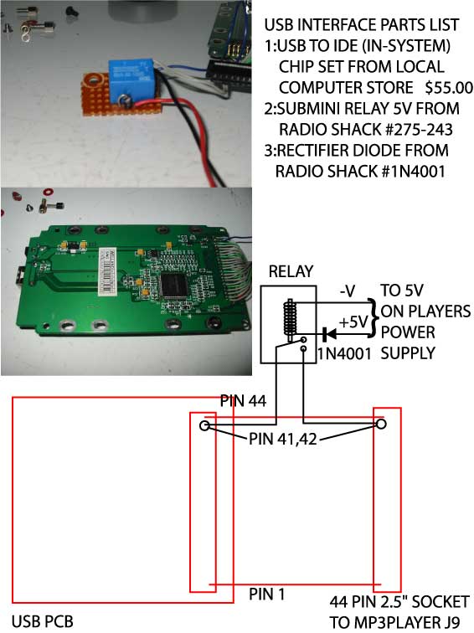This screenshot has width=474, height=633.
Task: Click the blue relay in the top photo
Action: (x=131, y=79)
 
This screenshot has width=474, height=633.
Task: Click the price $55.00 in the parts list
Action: (x=449, y=88)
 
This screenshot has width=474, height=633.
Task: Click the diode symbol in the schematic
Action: (x=329, y=334)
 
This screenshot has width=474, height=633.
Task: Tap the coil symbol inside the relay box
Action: (x=290, y=318)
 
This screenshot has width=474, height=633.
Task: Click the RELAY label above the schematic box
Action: (x=291, y=271)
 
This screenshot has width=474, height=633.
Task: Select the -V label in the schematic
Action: (x=348, y=291)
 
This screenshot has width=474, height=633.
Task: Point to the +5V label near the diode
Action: (x=353, y=322)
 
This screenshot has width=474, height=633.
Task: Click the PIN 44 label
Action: (x=243, y=401)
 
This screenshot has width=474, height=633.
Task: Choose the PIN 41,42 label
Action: (x=282, y=439)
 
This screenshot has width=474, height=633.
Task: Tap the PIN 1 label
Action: (x=267, y=594)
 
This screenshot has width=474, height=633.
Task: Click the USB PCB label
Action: (x=43, y=621)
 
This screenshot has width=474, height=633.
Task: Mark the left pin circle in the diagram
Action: (x=205, y=425)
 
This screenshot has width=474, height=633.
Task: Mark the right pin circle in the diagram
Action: (x=381, y=424)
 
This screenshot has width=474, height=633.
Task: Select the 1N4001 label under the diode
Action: (x=344, y=353)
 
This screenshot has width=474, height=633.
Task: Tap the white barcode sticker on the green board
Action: (x=106, y=270)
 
